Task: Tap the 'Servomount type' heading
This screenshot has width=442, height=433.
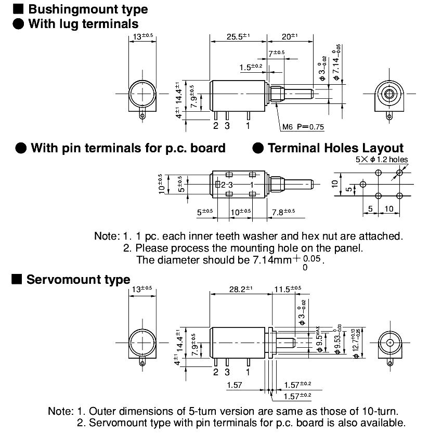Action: [x=78, y=280]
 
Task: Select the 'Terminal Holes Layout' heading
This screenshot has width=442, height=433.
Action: [x=335, y=148]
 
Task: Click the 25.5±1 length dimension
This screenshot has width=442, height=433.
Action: [x=238, y=36]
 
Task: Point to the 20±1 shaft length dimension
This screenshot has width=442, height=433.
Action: [x=290, y=36]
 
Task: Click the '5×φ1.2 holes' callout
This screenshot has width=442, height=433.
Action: [x=382, y=160]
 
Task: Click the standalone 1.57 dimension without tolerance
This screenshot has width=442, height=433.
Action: [x=236, y=385]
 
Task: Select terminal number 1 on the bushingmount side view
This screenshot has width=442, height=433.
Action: [x=248, y=125]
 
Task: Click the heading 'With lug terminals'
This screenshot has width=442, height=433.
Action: [x=83, y=23]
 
